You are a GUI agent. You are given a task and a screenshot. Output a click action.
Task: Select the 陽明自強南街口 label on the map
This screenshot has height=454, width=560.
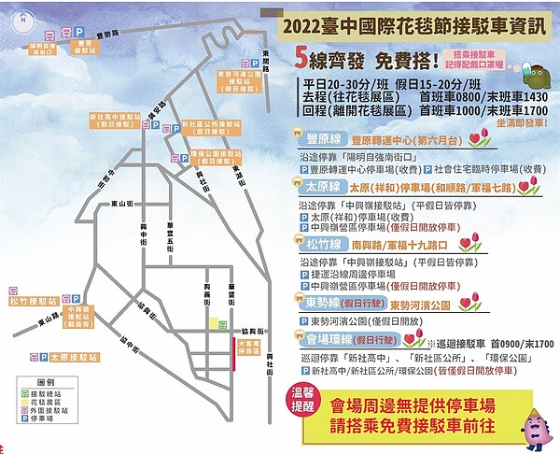tap(42, 48)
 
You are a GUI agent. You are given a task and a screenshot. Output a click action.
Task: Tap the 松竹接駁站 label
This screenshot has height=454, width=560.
tap(31, 302)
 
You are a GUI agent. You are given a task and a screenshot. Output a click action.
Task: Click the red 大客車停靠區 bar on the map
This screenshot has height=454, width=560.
tap(234, 356)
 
